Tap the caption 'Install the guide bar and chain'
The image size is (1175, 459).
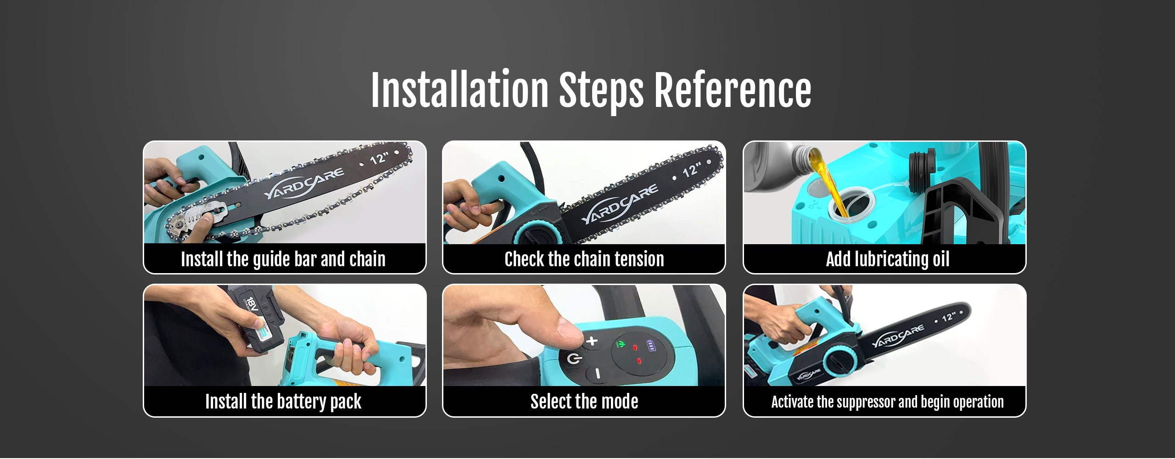click(x=283, y=259)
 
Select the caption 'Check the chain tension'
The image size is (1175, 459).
click(x=584, y=259)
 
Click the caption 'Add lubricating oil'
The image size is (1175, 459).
click(x=888, y=259)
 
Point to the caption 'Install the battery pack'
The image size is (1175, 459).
click(x=283, y=402)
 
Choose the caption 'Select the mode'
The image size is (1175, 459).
click(x=584, y=402)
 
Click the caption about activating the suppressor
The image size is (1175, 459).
click(x=887, y=402)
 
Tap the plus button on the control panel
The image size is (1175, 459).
click(x=593, y=341)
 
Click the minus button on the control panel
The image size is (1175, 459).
click(x=597, y=374)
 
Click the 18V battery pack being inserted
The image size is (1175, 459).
click(x=257, y=319)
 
